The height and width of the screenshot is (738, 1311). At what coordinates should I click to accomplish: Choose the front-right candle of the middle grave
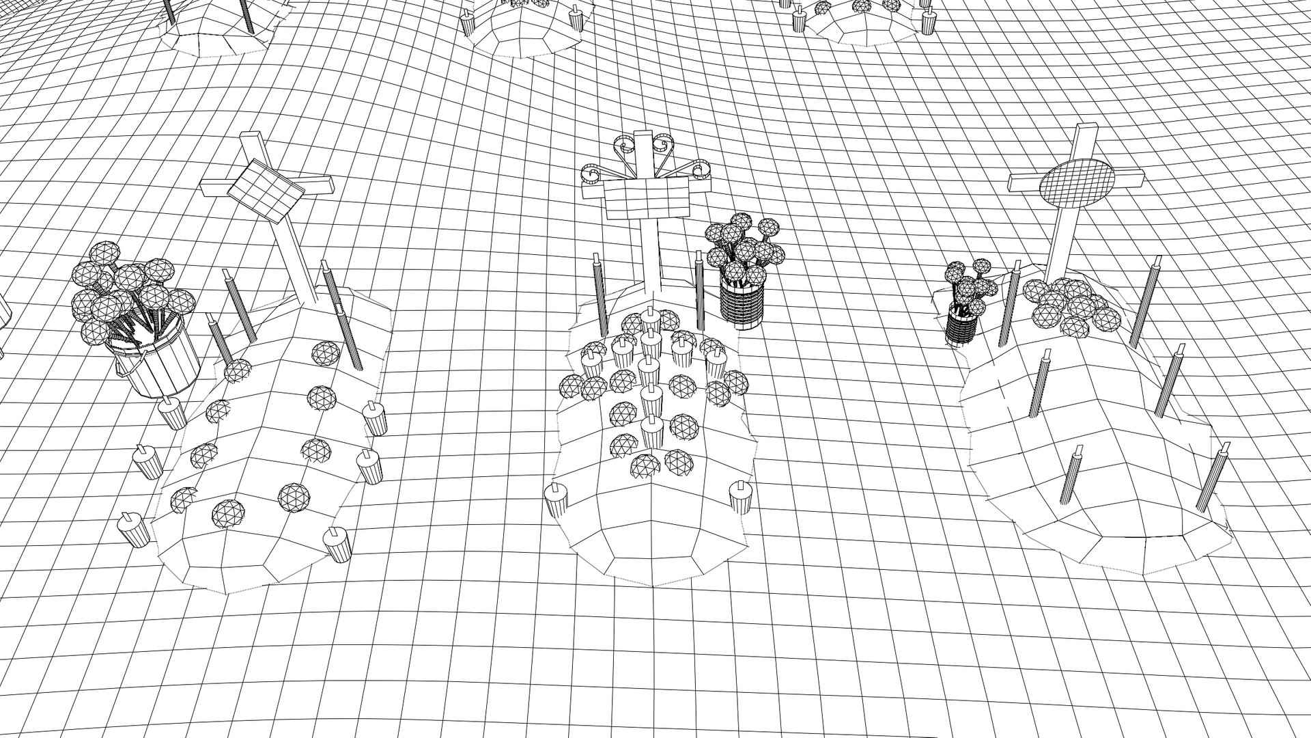pyautogui.click(x=741, y=497)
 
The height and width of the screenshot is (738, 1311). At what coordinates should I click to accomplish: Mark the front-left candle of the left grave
pyautogui.click(x=134, y=530)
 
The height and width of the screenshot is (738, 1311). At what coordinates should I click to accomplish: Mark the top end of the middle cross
pyautogui.click(x=642, y=140)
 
